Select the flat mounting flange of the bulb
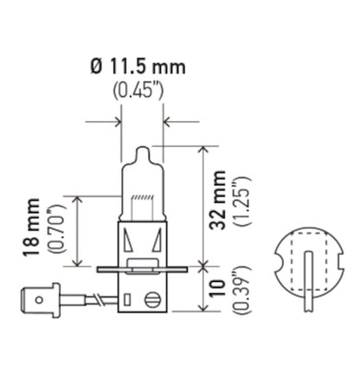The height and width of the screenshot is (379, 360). coord(144,267)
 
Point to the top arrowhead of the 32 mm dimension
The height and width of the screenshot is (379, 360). coord(202,149)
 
